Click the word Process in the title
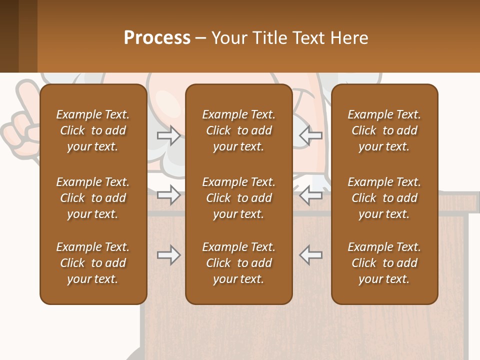[x=157, y=38]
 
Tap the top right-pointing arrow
[x=168, y=135]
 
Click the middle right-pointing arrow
[x=168, y=195]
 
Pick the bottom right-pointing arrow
[x=168, y=255]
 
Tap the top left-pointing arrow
[x=310, y=135]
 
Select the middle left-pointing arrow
[x=310, y=195]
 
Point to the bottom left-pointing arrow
[x=310, y=255]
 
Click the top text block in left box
[x=93, y=130]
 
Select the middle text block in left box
[x=93, y=198]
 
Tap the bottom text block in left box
[x=93, y=263]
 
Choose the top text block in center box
[x=238, y=130]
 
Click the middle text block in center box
[x=238, y=198]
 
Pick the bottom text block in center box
[x=238, y=263]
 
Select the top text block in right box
[x=384, y=130]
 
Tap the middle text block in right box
[x=384, y=198]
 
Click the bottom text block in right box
[x=384, y=263]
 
